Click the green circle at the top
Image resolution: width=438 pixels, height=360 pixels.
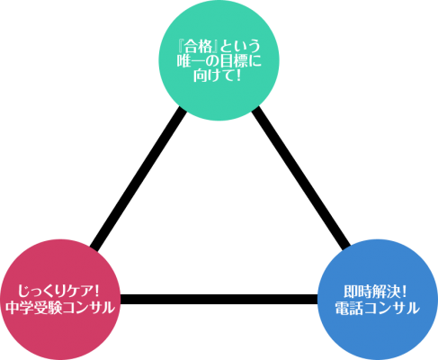pos(219,60)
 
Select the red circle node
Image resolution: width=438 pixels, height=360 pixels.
pos(60,300)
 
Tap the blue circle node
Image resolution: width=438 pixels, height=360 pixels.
pos(378,300)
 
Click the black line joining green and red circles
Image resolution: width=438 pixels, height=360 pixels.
pos(139,179)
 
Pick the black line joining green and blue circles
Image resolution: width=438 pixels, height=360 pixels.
pos(300,179)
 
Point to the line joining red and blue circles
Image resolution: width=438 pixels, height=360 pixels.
pos(219,299)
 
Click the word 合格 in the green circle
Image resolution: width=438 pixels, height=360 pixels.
pos(198,47)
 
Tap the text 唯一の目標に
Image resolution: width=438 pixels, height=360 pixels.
pos(219,61)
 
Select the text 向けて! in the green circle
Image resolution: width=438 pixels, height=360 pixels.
pos(217,76)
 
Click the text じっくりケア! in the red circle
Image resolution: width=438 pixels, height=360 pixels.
pos(58,291)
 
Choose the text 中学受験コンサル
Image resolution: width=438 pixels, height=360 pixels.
pos(60,307)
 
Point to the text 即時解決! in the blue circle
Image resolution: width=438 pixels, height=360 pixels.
pos(375,292)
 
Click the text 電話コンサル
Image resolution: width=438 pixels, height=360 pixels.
pos(377,308)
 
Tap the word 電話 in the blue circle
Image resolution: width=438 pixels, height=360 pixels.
pos(349,308)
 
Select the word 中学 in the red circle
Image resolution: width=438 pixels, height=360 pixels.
pos(19,307)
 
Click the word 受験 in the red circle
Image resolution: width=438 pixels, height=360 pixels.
pos(47,307)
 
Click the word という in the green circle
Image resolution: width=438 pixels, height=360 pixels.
pos(240,47)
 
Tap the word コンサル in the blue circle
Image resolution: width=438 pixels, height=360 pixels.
pos(391,308)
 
